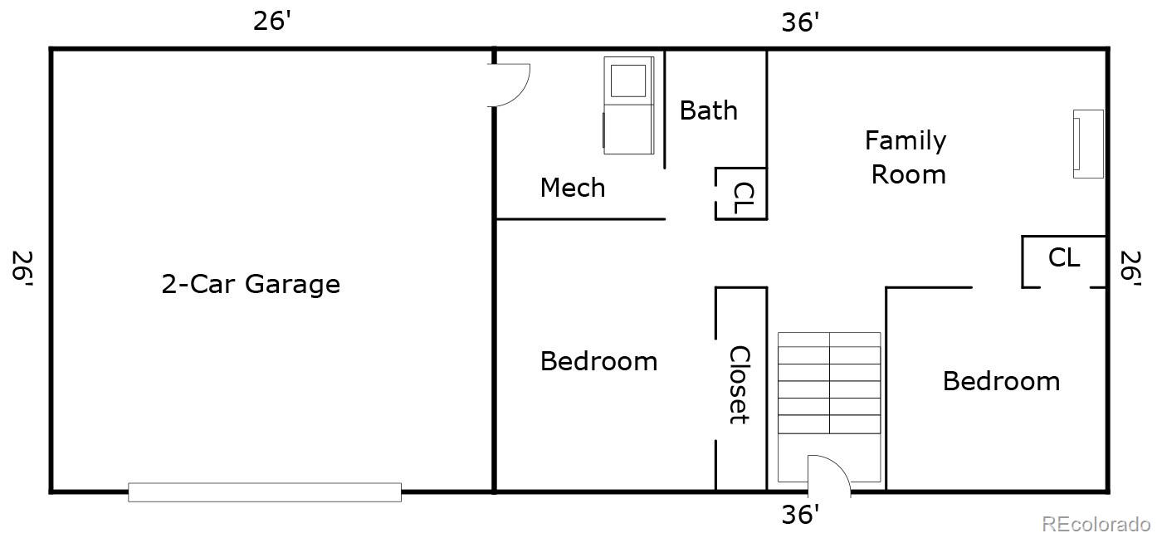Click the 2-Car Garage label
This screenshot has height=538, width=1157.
point(251,284)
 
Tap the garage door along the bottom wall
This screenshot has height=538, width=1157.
point(265,492)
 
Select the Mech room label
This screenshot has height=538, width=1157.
point(573,187)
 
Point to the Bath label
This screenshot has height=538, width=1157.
point(708,110)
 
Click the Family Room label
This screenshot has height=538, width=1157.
point(907,157)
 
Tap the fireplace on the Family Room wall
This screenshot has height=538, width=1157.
point(1088,144)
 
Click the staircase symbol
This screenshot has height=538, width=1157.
point(829,408)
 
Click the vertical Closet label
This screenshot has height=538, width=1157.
point(740,385)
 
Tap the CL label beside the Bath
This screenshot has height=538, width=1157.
point(744,198)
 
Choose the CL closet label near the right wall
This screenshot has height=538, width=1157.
point(1064,257)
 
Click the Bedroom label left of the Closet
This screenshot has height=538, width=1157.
point(598,360)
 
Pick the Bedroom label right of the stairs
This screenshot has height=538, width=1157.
point(1001,381)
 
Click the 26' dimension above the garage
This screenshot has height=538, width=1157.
point(271,21)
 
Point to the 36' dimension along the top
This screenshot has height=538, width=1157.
point(800,22)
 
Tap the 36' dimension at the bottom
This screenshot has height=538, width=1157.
point(800,514)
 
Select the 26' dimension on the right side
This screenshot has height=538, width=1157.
point(1130,268)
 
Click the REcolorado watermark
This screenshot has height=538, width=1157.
point(1096,524)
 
